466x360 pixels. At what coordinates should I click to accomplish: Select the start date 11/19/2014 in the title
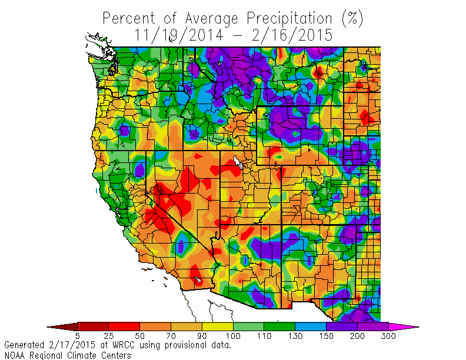178,35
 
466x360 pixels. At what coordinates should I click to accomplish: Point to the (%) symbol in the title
352,18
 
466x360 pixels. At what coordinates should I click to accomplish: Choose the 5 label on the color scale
78,336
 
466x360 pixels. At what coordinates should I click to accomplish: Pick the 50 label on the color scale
139,336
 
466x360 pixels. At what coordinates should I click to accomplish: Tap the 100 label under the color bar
233,336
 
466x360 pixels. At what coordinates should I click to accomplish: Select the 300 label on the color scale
388,336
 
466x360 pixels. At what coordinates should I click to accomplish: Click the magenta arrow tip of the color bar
412,326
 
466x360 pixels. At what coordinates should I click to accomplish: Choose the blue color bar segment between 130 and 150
310,326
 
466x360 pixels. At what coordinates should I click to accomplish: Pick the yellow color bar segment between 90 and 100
217,326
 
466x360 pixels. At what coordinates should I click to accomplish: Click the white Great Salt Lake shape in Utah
237,161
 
